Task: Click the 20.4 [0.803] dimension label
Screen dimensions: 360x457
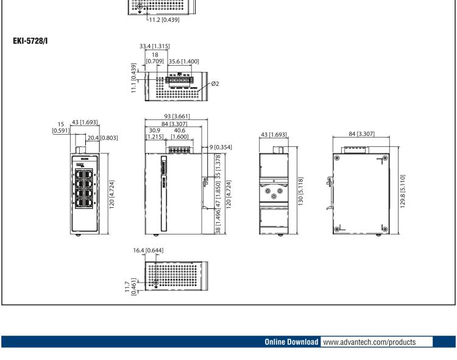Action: pyautogui.click(x=102, y=138)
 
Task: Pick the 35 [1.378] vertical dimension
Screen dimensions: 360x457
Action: pyautogui.click(x=219, y=164)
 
